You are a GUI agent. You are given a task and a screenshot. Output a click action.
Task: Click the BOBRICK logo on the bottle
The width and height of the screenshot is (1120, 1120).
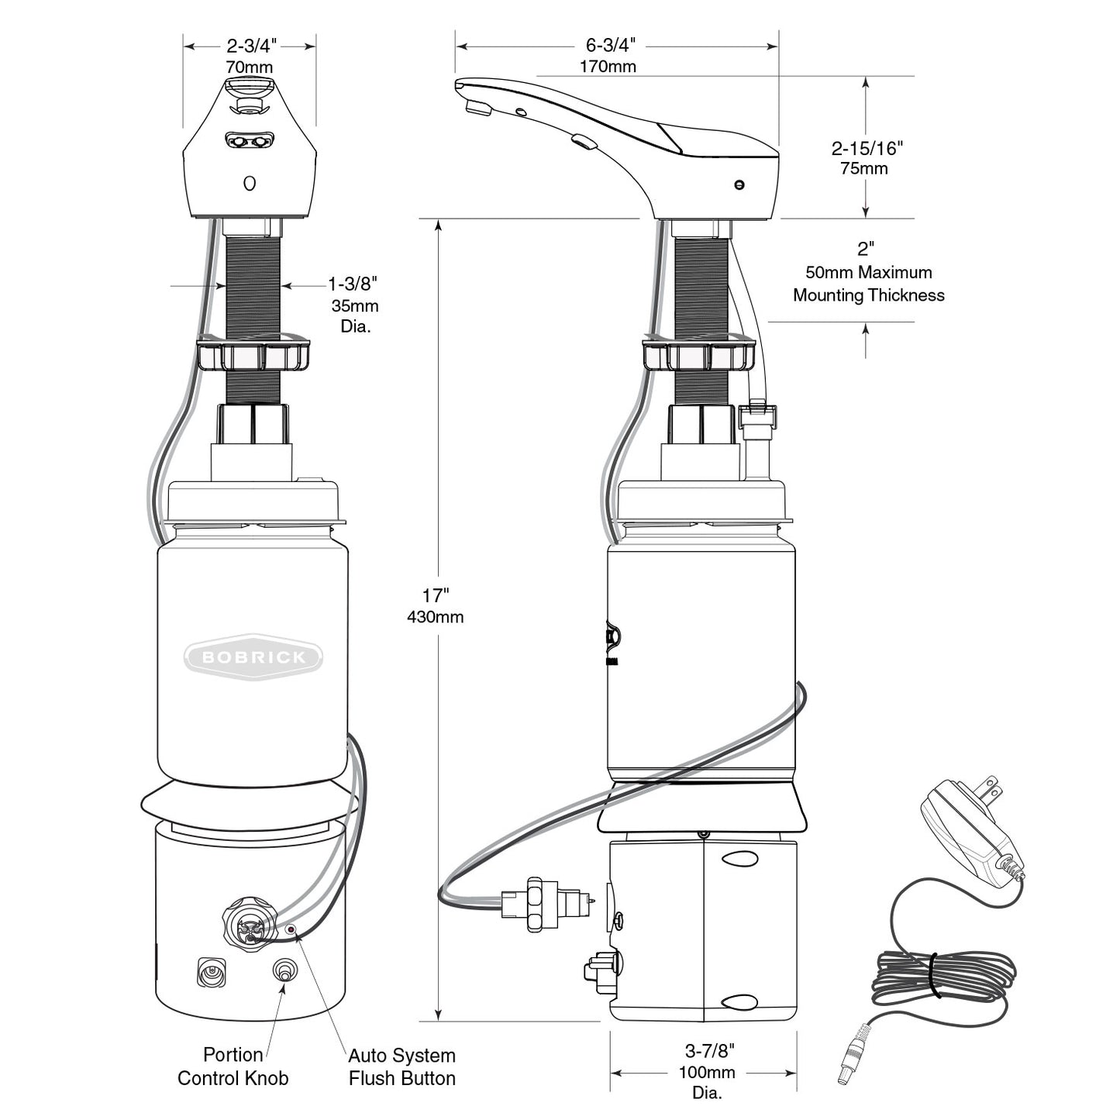tap(253, 657)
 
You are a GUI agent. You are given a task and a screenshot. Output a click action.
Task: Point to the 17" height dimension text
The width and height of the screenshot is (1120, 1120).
tap(436, 595)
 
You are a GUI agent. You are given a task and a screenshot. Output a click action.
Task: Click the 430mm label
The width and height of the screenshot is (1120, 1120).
tap(436, 617)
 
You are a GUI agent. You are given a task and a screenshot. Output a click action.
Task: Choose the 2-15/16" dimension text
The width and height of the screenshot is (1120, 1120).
tap(867, 147)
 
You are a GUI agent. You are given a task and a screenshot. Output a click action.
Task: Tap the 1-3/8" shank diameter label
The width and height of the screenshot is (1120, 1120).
tap(353, 284)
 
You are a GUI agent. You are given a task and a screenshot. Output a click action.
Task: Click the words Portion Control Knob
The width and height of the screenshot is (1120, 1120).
tap(233, 1067)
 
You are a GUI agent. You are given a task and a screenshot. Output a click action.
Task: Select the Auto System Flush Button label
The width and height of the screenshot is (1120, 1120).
tap(401, 1067)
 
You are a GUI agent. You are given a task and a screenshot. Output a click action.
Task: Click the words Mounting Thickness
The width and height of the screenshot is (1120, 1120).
tap(868, 295)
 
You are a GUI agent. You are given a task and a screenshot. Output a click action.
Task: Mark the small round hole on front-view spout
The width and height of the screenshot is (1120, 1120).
tap(250, 184)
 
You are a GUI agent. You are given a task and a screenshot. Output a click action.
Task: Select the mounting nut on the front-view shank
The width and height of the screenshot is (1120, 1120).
tap(253, 353)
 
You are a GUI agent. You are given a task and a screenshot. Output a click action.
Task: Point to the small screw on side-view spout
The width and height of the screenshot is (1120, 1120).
tap(739, 184)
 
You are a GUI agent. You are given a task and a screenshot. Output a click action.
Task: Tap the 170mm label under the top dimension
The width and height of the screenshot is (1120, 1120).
tap(608, 67)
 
